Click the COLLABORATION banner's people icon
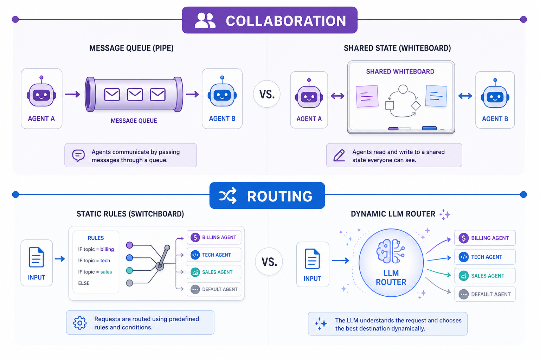pos(205,21)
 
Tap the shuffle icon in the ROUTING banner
pos(228,195)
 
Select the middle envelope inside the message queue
pos(135,95)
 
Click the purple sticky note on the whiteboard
pos(367,96)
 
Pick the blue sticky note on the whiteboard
pos(436,96)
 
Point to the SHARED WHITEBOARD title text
pos(400,71)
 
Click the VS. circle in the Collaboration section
pos(267,94)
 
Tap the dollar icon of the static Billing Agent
pos(195,237)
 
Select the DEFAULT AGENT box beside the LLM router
pos(485,294)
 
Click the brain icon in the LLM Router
pos(391,251)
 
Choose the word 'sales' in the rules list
pos(106,272)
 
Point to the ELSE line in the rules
pos(84,283)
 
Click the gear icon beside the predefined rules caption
pos(80,323)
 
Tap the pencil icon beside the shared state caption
pos(339,155)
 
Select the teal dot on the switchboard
pos(129,270)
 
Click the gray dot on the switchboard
pos(129,283)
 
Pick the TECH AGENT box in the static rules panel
pos(214,255)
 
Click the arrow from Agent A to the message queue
pos(72,94)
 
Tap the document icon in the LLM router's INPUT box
pos(312,259)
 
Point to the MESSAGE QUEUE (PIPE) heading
pos(131,48)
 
